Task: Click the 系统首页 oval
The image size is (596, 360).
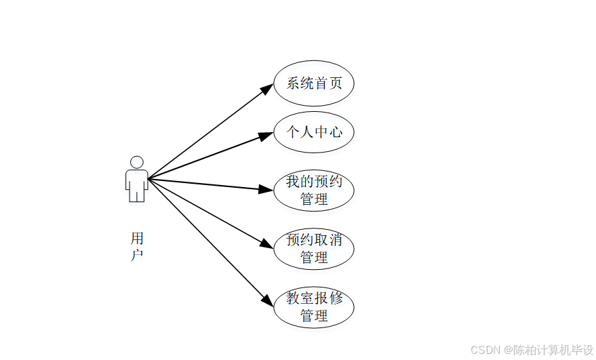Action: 313,84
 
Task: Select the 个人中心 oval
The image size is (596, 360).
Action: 313,132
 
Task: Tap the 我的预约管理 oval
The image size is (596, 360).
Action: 313,191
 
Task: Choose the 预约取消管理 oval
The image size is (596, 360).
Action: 313,249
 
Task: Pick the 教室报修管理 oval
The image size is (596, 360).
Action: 313,307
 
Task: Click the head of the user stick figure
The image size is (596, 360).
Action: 137,163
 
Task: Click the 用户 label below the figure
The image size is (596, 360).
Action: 137,247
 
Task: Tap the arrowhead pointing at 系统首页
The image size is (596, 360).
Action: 267,89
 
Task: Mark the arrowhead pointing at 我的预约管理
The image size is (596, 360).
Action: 266,190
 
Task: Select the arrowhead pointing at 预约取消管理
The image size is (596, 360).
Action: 266,244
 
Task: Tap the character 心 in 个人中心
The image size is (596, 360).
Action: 336,132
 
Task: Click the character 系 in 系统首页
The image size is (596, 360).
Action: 293,84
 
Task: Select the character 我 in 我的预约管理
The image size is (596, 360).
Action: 293,182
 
